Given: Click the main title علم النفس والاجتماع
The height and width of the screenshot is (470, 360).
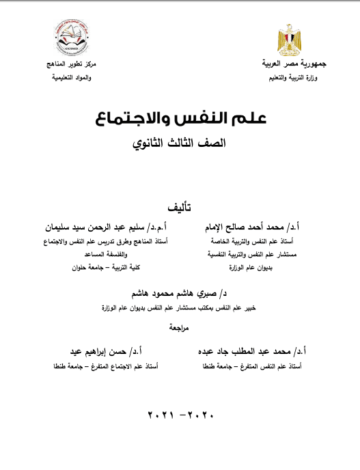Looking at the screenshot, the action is pyautogui.click(x=180, y=120).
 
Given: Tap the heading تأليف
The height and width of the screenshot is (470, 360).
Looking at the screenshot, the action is pyautogui.click(x=180, y=206).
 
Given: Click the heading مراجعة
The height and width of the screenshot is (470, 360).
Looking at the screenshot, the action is pyautogui.click(x=180, y=327).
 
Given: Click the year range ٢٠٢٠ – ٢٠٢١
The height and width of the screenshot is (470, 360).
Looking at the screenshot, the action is pyautogui.click(x=180, y=415).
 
